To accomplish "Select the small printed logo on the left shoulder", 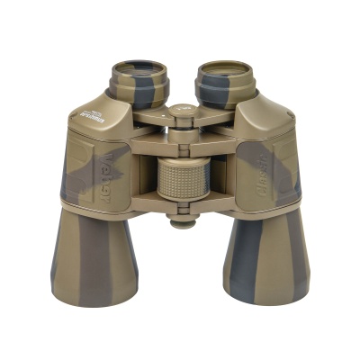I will tap(89, 114).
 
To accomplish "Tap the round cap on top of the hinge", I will tap(183, 111).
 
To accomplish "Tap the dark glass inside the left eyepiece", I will tap(139, 67).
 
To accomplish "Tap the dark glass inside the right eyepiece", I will tap(225, 67).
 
